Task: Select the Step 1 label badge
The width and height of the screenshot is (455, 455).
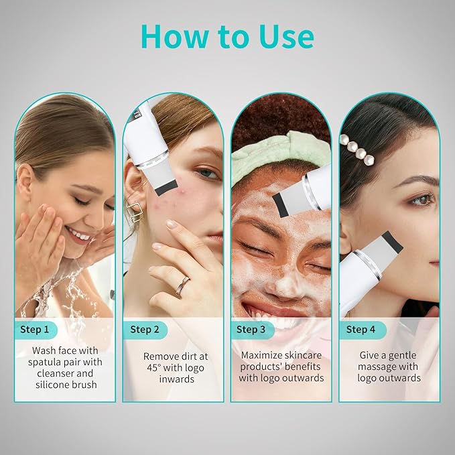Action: pyautogui.click(x=35, y=329)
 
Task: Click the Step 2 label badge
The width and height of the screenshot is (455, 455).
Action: pyautogui.click(x=144, y=329)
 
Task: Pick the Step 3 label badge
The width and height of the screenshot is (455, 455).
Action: pyautogui.click(x=251, y=329)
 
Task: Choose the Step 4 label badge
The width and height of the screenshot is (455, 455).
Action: pyautogui.click(x=361, y=329)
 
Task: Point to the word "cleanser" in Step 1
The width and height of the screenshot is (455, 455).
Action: pyautogui.click(x=56, y=374)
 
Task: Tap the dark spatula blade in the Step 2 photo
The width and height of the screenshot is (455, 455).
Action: pyautogui.click(x=165, y=186)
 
